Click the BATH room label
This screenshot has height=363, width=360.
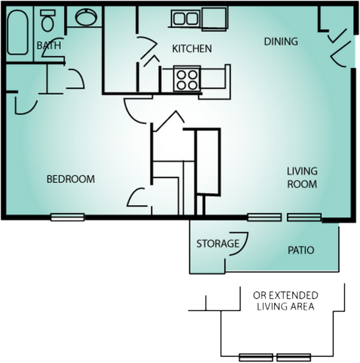(x=49, y=46)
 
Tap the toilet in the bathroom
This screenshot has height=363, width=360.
(x=48, y=20)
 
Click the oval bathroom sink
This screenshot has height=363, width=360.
(x=85, y=18)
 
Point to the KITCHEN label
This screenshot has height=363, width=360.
(x=192, y=49)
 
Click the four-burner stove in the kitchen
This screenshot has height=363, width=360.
(x=186, y=79)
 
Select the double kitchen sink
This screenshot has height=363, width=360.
(x=186, y=19)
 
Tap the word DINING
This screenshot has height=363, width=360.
(x=281, y=41)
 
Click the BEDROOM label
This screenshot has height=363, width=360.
(x=71, y=179)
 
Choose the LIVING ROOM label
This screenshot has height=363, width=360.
(x=302, y=177)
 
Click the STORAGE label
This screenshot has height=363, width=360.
(x=217, y=244)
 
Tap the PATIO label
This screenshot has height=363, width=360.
(x=301, y=250)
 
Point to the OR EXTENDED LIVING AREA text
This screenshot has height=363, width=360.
(x=285, y=301)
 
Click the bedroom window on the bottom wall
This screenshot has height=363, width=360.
(x=67, y=217)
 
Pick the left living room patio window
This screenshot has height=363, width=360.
(x=264, y=217)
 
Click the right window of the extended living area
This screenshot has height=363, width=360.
(x=294, y=357)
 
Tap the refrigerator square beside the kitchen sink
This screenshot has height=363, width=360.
(x=214, y=19)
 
